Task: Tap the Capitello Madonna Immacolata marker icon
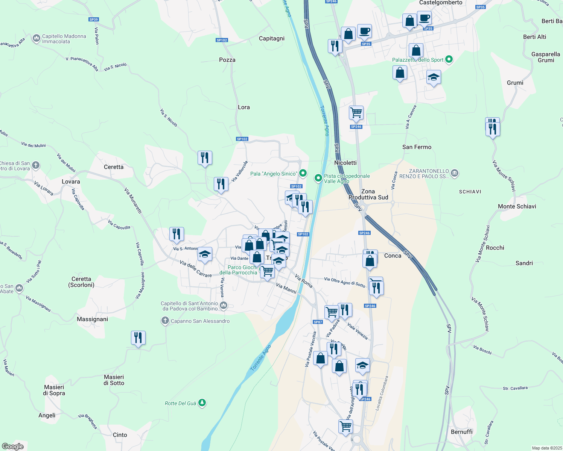37,38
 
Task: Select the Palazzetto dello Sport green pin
449,59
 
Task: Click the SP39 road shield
94,20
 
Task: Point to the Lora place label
244,107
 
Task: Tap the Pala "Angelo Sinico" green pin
303,174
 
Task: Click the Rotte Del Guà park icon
202,403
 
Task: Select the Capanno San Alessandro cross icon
165,321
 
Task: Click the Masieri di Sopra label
54,390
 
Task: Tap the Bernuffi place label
462,432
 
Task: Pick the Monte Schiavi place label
517,206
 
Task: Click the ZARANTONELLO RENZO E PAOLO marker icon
455,173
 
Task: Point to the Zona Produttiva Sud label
368,194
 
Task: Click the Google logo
13,446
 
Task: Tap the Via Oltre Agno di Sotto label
345,282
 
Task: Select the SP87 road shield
318,322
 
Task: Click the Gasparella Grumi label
546,57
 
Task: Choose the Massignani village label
92,319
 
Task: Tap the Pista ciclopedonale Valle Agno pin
318,178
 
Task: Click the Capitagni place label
272,38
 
